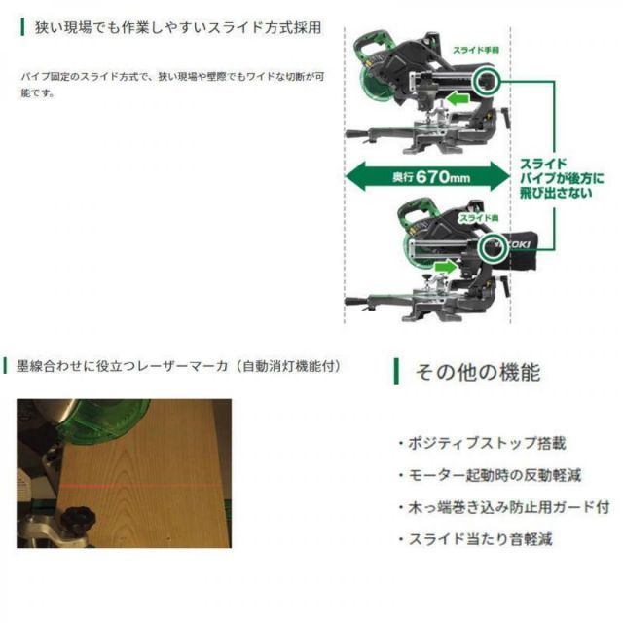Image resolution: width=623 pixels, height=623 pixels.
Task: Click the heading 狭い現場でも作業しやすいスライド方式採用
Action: [x=175, y=24]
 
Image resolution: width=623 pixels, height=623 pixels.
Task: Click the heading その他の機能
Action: [x=477, y=371]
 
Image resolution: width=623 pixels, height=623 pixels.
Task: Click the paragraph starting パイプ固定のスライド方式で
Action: [x=185, y=84]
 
